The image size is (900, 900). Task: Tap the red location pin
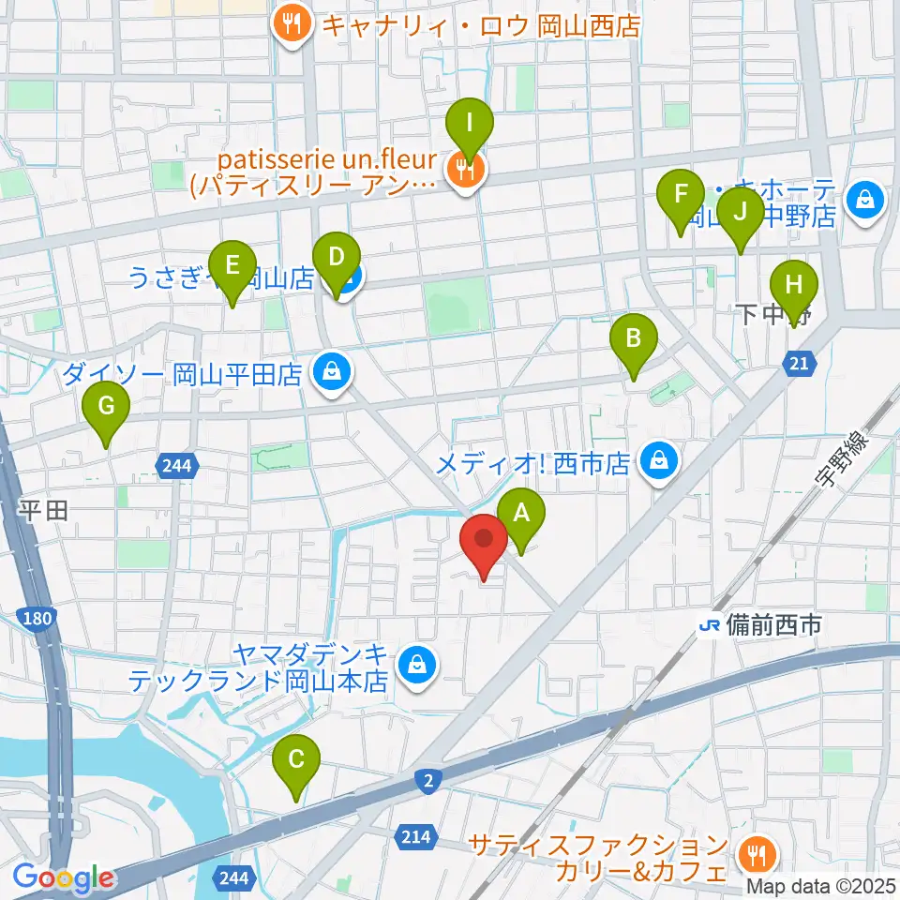click(x=484, y=546)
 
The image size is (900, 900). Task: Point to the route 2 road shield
click(x=427, y=780)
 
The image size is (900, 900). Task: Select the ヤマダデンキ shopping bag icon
click(x=413, y=667)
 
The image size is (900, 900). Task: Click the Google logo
click(x=62, y=877)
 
